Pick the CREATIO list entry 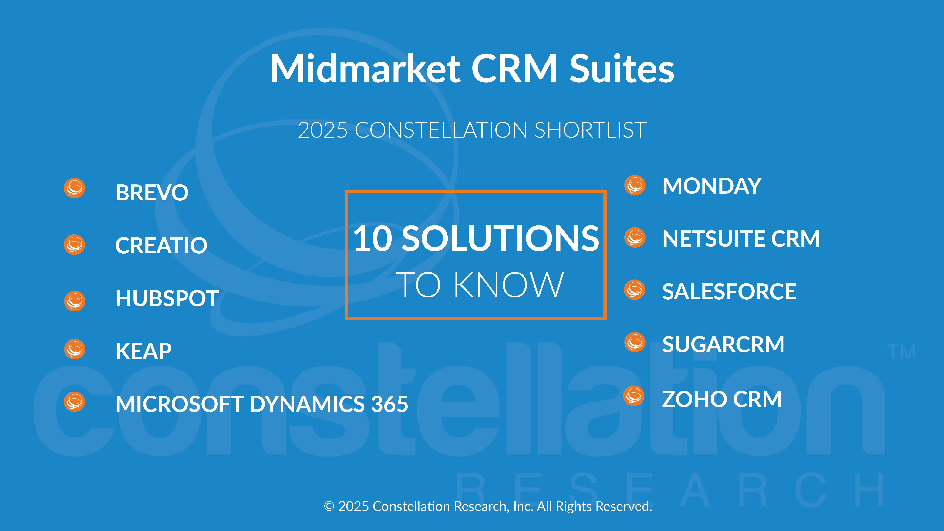(161, 245)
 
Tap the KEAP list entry (143, 351)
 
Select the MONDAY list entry (712, 186)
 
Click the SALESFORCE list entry (729, 292)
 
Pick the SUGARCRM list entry (723, 344)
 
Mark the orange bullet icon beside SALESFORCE (635, 290)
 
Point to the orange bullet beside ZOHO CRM (634, 396)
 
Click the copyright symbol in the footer (329, 506)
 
